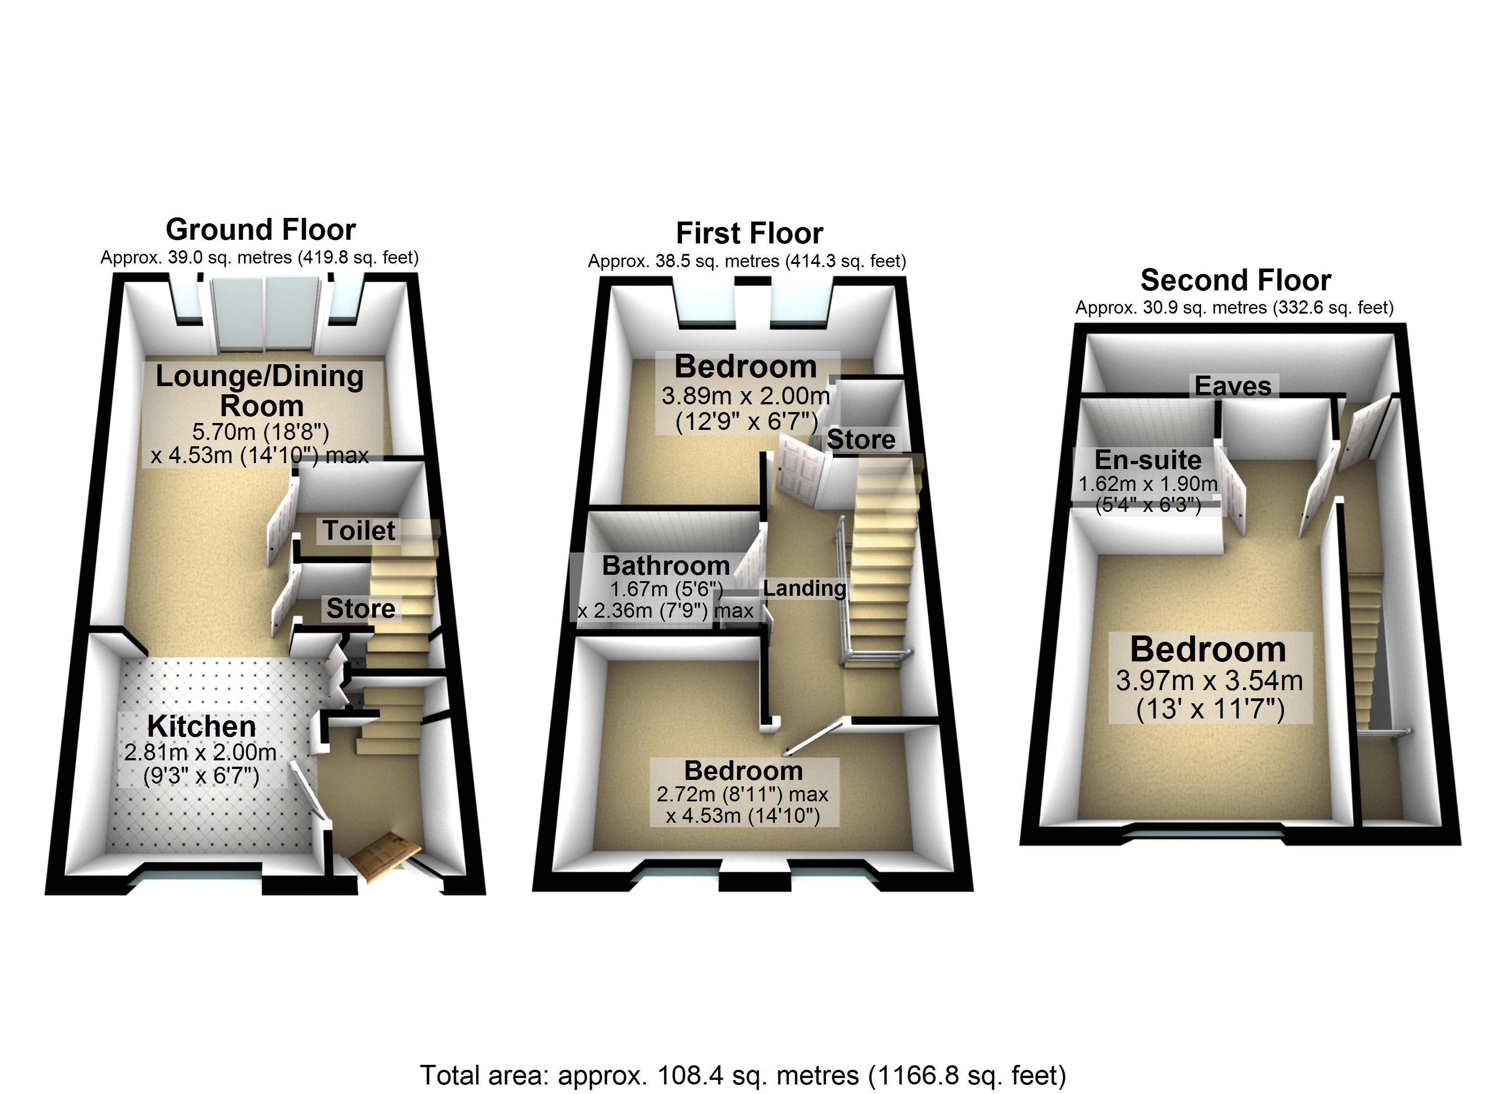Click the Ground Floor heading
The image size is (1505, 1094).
coord(261,230)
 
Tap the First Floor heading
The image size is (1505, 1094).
coord(749,233)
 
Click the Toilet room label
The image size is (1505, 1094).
coord(359,531)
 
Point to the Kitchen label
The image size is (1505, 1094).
coord(202,727)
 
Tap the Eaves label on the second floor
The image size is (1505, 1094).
coord(1233,386)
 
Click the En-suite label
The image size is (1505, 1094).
coord(1148,460)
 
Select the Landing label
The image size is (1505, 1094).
coord(804,588)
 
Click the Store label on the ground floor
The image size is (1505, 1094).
coord(361,609)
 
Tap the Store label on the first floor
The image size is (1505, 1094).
coord(861,439)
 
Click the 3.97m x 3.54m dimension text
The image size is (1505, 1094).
coord(1209,681)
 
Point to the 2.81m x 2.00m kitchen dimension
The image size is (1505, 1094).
coord(200,752)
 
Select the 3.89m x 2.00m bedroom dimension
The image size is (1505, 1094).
coord(746,396)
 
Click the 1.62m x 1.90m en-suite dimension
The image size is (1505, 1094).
coord(1148,484)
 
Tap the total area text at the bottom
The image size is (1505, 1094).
coord(743,1075)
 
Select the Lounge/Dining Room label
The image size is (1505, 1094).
coord(259,391)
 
